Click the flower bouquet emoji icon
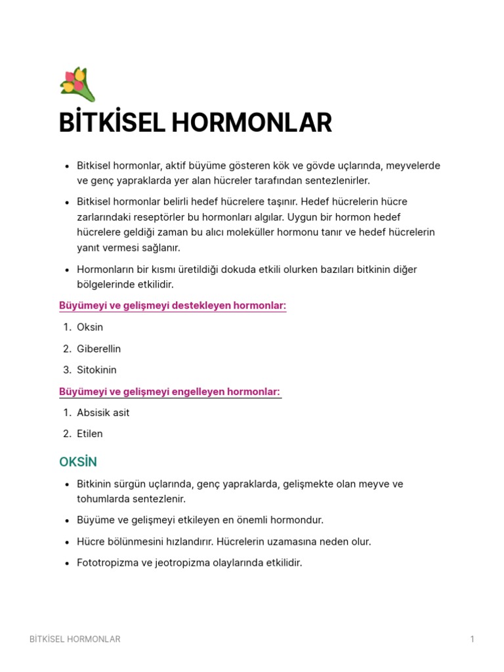coord(77,85)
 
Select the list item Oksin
coord(90,327)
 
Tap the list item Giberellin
coord(98,348)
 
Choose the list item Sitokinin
coord(96,369)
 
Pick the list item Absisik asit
coord(103,412)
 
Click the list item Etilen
coord(90,433)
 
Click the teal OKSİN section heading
coord(78,462)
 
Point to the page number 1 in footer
coord(472,639)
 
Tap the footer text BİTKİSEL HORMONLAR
coord(75,639)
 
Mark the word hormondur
coord(293,520)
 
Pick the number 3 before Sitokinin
coord(67,369)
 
